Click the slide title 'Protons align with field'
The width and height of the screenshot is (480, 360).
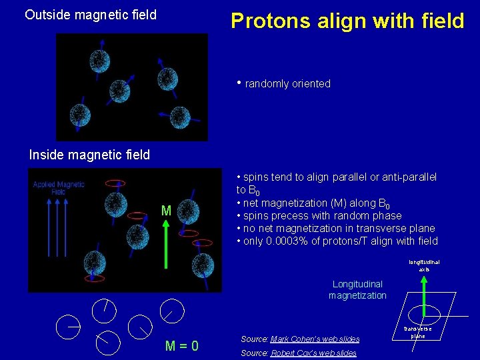347,21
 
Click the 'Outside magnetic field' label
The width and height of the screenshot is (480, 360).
90,15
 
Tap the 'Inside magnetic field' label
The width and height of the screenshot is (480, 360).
89,155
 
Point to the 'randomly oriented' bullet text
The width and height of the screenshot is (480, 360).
287,84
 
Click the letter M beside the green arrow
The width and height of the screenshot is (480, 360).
166,211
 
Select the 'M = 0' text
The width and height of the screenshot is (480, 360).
181,346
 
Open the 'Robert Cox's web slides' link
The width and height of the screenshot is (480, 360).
313,353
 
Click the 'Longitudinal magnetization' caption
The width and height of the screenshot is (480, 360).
357,290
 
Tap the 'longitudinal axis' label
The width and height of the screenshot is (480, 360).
424,265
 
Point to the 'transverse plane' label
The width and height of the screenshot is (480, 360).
417,332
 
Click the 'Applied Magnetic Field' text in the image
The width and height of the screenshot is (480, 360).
59,188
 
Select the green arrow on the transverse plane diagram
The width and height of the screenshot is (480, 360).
425,294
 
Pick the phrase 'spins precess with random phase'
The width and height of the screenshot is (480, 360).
322,216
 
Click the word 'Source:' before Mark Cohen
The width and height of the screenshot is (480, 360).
255,339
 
